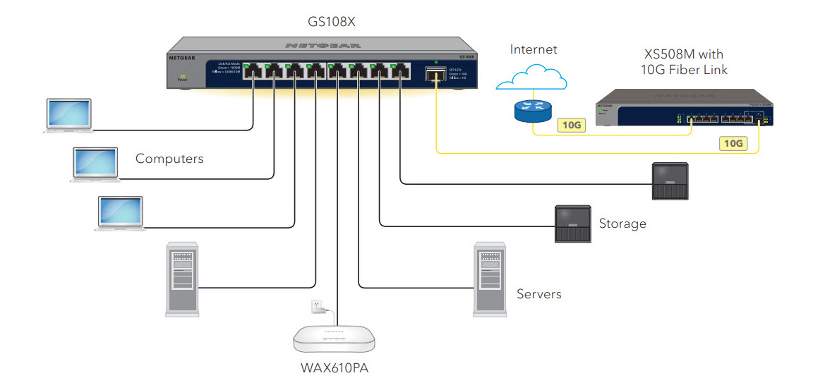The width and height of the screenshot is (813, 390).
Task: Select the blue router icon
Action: pyautogui.click(x=532, y=106)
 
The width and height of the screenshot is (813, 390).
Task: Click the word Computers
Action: pyautogui.click(x=169, y=159)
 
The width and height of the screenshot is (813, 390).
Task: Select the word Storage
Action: pyautogui.click(x=622, y=224)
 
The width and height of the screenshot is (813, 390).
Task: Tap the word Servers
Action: pyautogui.click(x=538, y=294)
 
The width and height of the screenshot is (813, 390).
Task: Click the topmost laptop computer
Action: pyautogui.click(x=68, y=116)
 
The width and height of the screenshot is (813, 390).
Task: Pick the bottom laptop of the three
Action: pyautogui.click(x=121, y=214)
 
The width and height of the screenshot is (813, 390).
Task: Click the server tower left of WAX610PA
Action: pyautogui.click(x=181, y=278)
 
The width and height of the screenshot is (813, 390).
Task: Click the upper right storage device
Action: pyautogui.click(x=668, y=182)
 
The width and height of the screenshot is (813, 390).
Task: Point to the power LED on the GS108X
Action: pyautogui.click(x=183, y=75)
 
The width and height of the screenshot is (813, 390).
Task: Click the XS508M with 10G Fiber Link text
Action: pyautogui.click(x=684, y=61)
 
